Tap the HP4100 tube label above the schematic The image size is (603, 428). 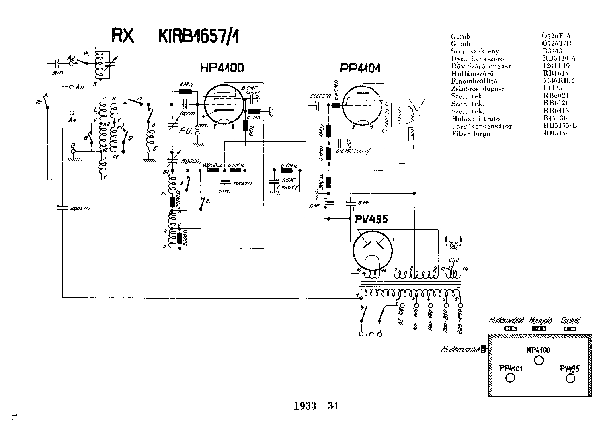click(x=222, y=68)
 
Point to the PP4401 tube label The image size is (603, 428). click(x=360, y=68)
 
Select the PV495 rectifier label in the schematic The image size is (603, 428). click(x=371, y=219)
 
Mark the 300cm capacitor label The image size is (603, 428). click(x=80, y=208)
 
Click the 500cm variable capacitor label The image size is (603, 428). click(x=191, y=162)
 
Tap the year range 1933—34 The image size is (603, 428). click(x=316, y=405)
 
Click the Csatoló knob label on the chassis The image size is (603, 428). click(x=570, y=321)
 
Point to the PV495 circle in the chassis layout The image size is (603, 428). click(x=570, y=378)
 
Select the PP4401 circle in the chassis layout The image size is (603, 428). click(x=510, y=378)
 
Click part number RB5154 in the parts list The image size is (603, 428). click(x=556, y=134)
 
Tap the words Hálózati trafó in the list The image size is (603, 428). click(x=470, y=119)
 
